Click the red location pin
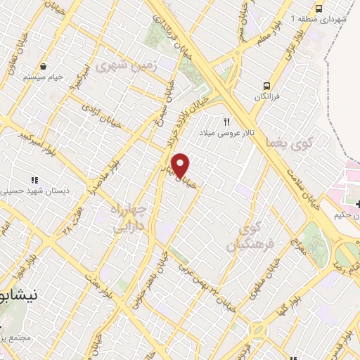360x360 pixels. coord(181,165)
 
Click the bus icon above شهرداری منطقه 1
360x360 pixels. coord(319,8)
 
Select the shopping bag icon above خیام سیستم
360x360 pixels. coord(44,65)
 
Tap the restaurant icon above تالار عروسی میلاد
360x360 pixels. coord(226,121)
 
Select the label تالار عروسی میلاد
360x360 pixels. coord(224,132)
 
